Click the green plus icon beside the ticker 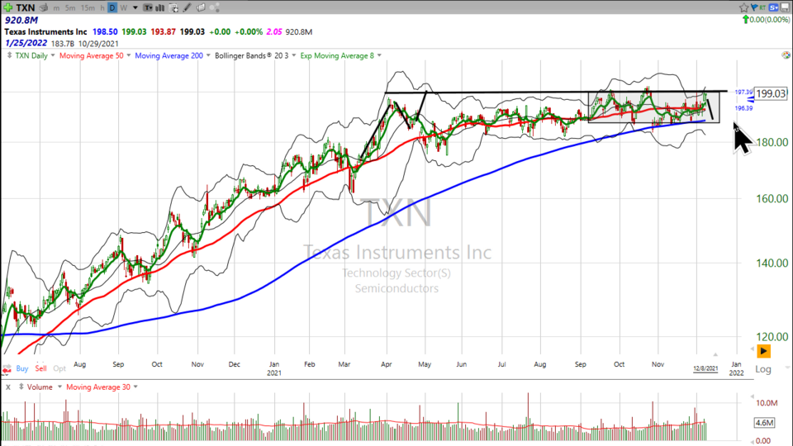click(7, 7)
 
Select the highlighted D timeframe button click(112, 7)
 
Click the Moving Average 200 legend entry click(170, 56)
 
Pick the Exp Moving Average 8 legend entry click(336, 56)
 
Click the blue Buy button click(22, 368)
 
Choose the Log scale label click(763, 369)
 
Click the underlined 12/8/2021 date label click(705, 368)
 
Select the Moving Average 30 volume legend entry click(97, 387)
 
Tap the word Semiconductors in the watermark click(396, 288)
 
